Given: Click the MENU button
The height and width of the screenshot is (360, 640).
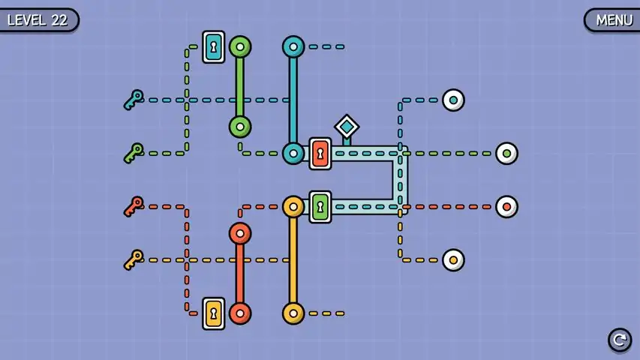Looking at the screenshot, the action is coord(613,20).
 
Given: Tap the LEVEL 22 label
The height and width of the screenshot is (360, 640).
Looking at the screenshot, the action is coord(38,20).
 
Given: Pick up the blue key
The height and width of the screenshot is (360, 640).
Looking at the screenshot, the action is coord(134,100).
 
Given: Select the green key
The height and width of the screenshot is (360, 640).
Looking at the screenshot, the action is coord(134,154).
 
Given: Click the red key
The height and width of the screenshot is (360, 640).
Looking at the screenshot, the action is coord(134,206).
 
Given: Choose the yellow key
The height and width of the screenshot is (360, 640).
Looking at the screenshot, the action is coord(134,260).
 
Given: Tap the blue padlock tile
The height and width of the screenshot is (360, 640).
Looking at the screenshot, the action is coord(214,47).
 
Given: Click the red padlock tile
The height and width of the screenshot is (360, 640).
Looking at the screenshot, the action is coord(320,154).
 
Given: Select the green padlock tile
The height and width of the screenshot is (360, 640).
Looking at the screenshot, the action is coord(320,207).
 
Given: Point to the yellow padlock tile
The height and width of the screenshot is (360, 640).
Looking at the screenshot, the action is coord(214,313).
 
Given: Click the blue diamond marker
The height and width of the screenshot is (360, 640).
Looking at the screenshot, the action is coord(347,127).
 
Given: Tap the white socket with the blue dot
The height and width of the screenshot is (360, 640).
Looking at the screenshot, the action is coord(453,100).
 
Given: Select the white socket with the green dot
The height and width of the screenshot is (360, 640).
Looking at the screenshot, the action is coord(506,154).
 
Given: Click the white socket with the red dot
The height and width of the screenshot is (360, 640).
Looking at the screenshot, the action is coord(506,207).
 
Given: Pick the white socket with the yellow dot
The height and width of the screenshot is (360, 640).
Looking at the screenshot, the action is coord(453,260).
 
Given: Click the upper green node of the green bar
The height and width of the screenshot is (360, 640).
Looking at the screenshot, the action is coord(240,47).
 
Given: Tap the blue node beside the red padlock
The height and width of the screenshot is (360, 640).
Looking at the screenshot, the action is coord(293,154).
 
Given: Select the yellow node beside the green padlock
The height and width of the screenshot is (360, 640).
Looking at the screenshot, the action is coord(293,207).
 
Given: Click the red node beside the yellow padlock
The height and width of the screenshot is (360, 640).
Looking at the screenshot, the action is coord(240,313).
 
